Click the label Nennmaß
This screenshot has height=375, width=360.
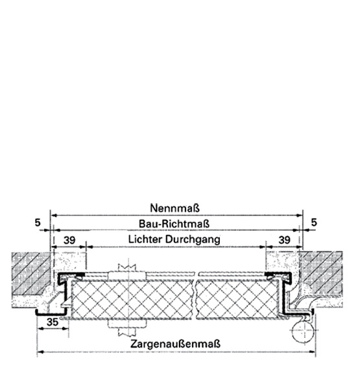tap(174, 208)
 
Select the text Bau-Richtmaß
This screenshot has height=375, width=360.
tap(174, 224)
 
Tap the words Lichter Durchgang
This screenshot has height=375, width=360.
tap(174, 239)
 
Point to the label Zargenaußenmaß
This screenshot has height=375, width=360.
tap(175, 344)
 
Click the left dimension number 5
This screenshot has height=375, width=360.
tap(38, 223)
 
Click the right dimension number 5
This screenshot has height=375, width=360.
tap(314, 223)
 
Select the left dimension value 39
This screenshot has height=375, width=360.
tap(69, 240)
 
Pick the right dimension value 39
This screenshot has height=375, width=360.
tap(284, 240)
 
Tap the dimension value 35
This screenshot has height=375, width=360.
tap(53, 322)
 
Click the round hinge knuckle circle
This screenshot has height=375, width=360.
tap(303, 331)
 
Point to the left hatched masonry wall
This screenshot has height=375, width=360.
tap(30, 272)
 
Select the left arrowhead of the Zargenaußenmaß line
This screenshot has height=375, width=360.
tap(41, 352)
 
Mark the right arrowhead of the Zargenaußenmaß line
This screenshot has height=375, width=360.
tap(312, 352)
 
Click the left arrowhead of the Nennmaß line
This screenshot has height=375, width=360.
tap(54, 215)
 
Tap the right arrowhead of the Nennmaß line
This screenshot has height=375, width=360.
tap(299, 215)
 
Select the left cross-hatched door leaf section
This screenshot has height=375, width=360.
tap(132, 300)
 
